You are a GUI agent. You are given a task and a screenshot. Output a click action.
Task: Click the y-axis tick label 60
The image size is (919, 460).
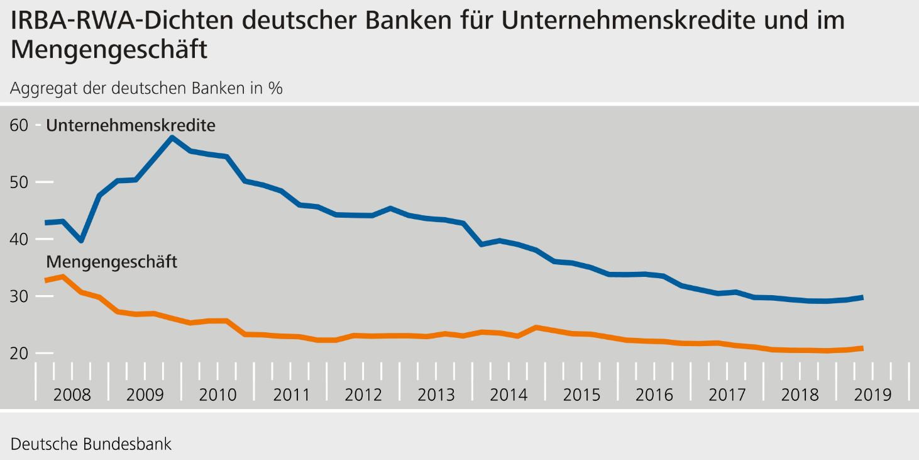[x=19, y=125]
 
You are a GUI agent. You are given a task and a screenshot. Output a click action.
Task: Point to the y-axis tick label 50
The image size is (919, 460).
[x=19, y=182]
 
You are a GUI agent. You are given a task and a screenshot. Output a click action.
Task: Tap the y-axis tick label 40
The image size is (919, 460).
[x=19, y=239]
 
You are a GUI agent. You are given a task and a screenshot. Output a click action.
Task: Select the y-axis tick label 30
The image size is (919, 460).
[x=19, y=296]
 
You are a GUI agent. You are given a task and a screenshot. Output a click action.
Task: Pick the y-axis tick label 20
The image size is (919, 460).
[x=19, y=353]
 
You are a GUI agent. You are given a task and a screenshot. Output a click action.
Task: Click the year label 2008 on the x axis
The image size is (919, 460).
[x=72, y=395]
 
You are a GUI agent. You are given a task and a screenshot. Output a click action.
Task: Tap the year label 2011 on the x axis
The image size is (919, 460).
[x=291, y=395]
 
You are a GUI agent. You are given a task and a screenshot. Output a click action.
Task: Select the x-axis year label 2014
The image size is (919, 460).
[x=509, y=395]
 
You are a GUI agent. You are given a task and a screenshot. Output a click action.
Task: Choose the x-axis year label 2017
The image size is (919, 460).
[x=727, y=395]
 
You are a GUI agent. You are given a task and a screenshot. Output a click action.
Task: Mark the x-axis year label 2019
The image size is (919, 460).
[x=873, y=395]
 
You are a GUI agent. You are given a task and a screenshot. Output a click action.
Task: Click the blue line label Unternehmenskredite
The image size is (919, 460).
[x=131, y=126]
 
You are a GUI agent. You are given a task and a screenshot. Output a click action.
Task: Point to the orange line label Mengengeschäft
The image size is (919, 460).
[x=112, y=262]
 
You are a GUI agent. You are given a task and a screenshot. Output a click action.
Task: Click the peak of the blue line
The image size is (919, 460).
[x=172, y=137]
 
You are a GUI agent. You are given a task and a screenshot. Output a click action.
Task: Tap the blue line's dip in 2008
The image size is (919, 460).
[x=80, y=240]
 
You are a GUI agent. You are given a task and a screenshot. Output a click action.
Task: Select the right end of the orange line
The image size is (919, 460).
[x=861, y=348]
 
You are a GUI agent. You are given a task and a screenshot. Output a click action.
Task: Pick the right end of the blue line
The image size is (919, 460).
[x=861, y=297]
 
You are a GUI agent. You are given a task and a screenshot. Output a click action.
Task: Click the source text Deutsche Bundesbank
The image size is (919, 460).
[x=91, y=444]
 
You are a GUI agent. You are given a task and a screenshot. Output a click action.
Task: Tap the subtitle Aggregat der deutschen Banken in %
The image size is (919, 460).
[x=146, y=88]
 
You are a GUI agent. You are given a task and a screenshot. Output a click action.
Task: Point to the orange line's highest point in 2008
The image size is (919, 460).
[x=62, y=276]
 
